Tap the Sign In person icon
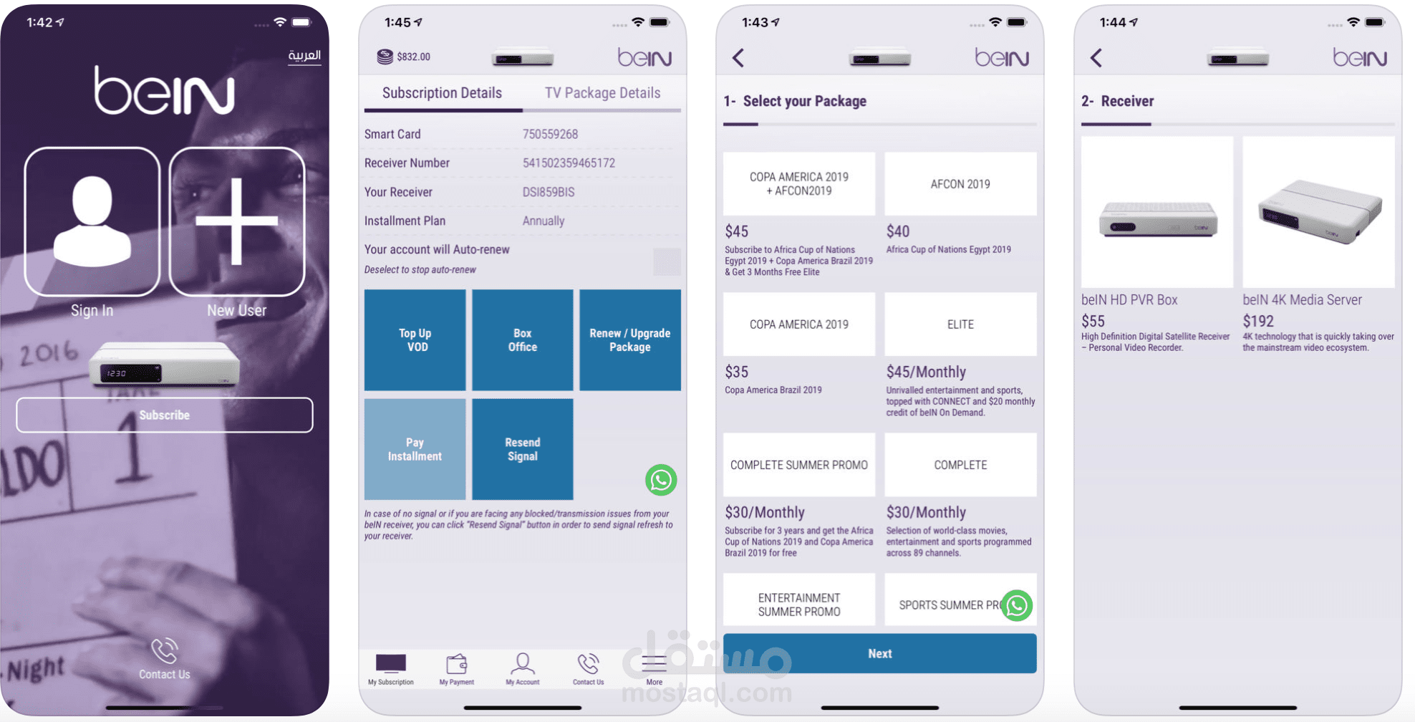tap(92, 221)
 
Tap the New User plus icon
tap(237, 221)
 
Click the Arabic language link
tap(304, 55)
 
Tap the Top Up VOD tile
tap(415, 340)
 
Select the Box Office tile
tap(523, 340)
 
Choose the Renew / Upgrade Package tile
tap(630, 340)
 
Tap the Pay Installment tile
tap(415, 449)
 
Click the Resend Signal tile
tap(523, 449)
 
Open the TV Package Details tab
tap(602, 93)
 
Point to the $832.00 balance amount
tap(414, 57)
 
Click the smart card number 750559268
tap(550, 134)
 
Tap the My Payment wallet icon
tap(457, 664)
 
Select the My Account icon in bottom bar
tap(523, 664)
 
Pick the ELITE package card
tap(961, 324)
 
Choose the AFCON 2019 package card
tap(961, 184)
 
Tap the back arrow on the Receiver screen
tap(1096, 58)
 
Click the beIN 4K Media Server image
tap(1319, 212)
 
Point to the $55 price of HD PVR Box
tap(1093, 321)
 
